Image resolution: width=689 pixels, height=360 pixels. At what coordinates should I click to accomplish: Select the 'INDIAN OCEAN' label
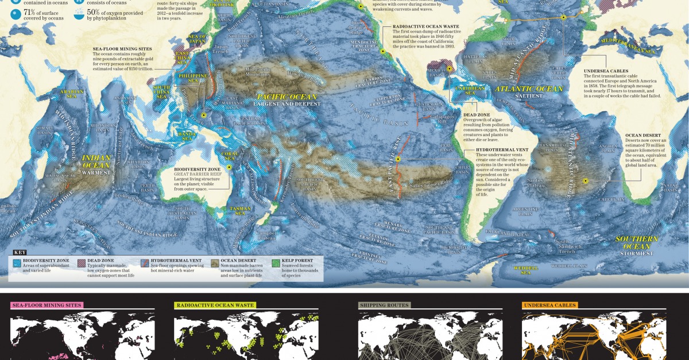click(96, 161)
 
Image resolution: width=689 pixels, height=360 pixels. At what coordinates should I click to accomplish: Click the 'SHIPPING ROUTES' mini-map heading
click(384, 305)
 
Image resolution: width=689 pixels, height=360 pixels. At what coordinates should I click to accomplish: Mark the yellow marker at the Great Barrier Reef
click(229, 167)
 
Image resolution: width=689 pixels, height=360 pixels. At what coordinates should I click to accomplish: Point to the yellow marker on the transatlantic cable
click(563, 18)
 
